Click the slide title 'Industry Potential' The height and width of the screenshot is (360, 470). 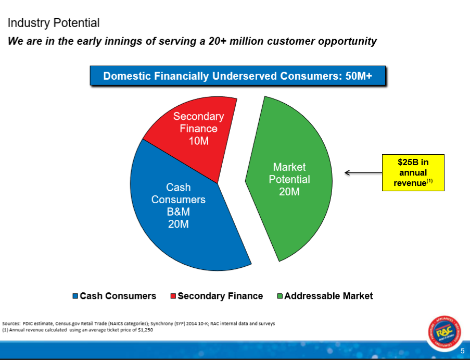click(x=54, y=23)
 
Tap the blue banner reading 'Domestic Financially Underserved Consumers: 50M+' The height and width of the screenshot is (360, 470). click(x=238, y=76)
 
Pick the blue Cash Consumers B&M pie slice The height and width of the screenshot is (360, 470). click(x=180, y=216)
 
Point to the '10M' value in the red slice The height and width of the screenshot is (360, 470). click(x=198, y=141)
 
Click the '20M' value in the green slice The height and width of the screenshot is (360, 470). click(x=289, y=192)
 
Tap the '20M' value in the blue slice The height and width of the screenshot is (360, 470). click(x=179, y=224)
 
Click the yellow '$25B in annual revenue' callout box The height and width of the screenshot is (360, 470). click(x=413, y=172)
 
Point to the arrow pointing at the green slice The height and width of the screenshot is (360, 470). click(x=363, y=172)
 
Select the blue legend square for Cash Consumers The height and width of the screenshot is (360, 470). click(x=75, y=296)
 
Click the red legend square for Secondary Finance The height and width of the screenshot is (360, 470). click(x=173, y=296)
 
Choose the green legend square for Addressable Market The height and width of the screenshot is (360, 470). click(x=280, y=296)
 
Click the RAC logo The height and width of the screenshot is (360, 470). click(x=444, y=332)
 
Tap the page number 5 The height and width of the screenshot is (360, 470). click(x=463, y=351)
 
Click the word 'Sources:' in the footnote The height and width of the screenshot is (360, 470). click(x=11, y=324)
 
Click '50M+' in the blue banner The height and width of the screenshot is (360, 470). click(x=359, y=76)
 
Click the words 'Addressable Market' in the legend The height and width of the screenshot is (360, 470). click(x=328, y=296)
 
